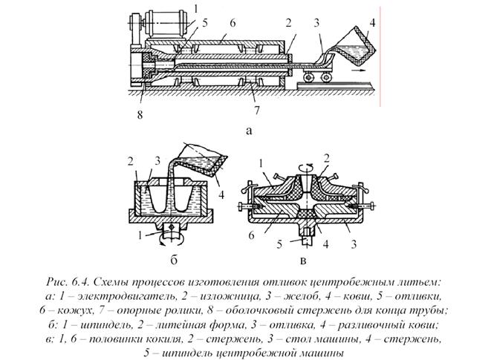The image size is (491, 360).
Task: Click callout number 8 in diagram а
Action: pos(140,114)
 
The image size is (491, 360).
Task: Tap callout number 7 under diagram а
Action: pos(257,110)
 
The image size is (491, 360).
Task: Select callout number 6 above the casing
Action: pos(233,23)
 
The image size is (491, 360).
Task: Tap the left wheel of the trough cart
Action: pos(308,76)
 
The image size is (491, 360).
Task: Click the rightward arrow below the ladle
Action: pos(358,71)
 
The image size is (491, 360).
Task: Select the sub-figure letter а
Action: pos(249,130)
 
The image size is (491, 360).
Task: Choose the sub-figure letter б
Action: pos(174,260)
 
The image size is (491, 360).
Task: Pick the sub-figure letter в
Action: pos(303,261)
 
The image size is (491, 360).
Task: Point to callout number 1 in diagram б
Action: pos(140,235)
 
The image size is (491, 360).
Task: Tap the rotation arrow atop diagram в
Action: pos(308,166)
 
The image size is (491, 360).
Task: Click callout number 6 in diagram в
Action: pos(251,235)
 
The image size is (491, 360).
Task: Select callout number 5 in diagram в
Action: pos(279,244)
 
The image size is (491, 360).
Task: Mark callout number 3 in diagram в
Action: pos(354,244)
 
